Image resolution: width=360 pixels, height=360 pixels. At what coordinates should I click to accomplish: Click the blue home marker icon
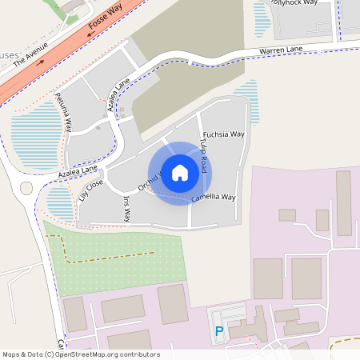(x=180, y=173)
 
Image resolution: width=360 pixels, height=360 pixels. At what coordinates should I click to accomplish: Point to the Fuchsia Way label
(x=223, y=134)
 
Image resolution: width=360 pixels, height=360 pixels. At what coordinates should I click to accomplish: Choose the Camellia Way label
(x=213, y=197)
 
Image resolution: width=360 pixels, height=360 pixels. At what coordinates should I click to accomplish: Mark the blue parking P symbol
(x=218, y=330)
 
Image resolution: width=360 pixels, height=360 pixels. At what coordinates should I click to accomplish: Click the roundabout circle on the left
(x=27, y=190)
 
